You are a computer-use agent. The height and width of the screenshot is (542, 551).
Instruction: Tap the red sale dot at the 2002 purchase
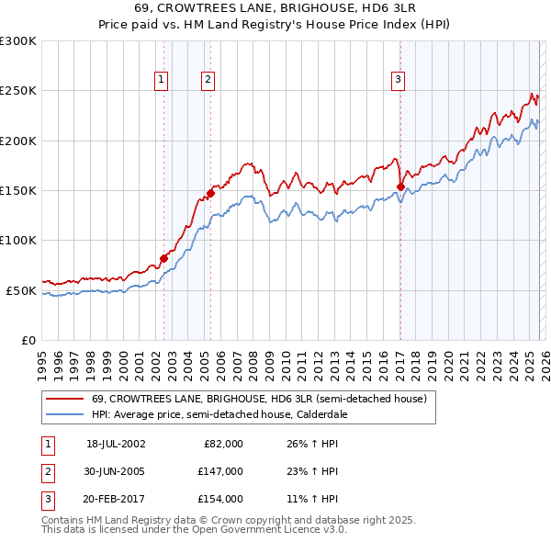[164, 258]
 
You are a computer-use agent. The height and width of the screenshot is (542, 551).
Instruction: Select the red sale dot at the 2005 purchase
[210, 194]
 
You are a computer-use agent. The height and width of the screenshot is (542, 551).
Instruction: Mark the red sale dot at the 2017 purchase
[400, 186]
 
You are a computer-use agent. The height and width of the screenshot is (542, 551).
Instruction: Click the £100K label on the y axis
[18, 240]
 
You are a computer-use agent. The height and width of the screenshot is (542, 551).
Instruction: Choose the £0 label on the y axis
[28, 340]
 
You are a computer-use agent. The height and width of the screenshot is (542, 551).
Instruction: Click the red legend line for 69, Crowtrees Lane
[65, 400]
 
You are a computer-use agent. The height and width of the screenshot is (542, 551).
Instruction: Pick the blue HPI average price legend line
[65, 414]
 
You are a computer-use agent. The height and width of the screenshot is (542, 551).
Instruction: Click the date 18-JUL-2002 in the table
[116, 444]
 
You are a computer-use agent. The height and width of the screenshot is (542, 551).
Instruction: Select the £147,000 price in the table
[220, 471]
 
